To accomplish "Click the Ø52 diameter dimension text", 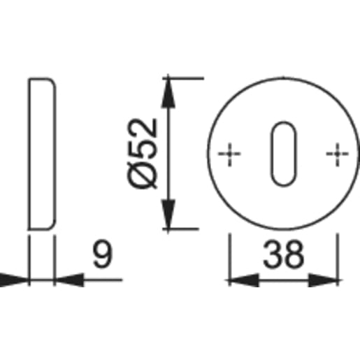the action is click(x=143, y=154).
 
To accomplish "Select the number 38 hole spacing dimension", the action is click(x=284, y=254).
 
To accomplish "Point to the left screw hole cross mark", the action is click(x=230, y=154).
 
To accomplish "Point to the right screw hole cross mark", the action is click(x=338, y=154).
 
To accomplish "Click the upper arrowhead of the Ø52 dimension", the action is click(x=168, y=93).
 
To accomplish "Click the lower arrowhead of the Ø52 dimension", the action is click(x=168, y=215).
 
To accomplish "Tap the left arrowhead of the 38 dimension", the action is click(x=244, y=280).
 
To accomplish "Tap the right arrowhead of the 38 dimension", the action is click(x=324, y=280).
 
